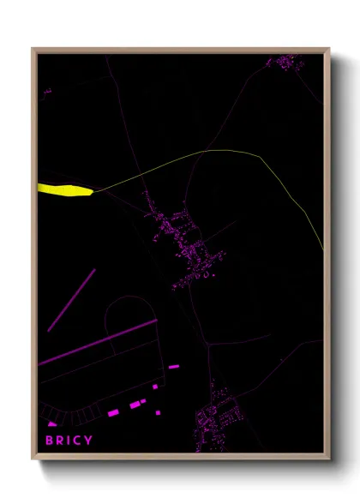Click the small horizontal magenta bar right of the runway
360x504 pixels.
pos(174,367)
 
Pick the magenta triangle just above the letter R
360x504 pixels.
pos(52,423)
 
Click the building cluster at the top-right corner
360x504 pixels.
pos(284,62)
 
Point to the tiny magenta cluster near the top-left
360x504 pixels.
pos(47,90)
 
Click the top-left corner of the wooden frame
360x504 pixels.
pos(33,49)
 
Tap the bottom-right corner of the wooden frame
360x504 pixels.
pos(329,459)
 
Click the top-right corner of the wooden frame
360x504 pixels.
pos(329,49)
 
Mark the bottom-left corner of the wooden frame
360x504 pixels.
pos(33,459)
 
